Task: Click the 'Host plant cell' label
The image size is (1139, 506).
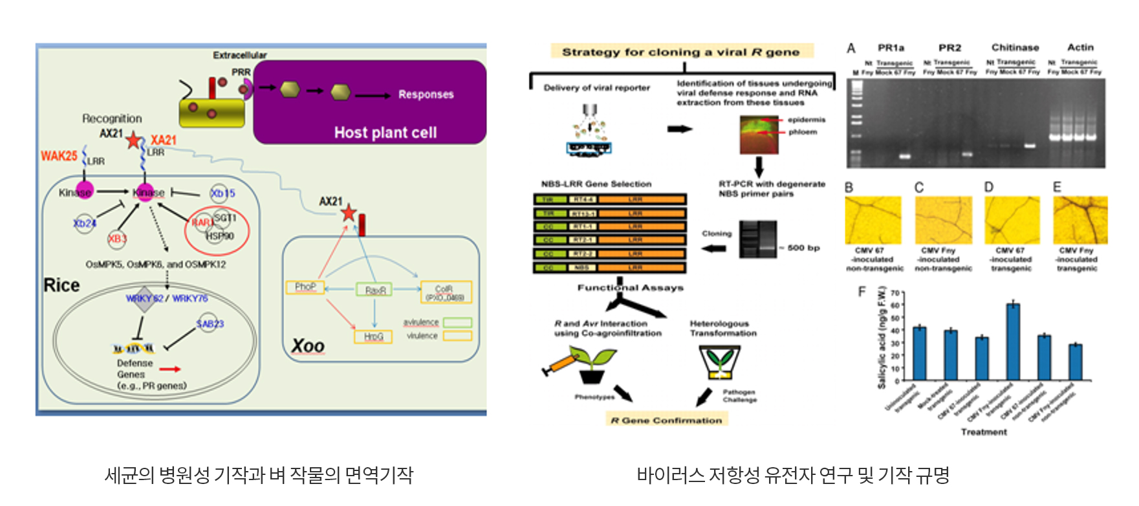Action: (385, 133)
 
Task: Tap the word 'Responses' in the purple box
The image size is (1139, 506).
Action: (426, 94)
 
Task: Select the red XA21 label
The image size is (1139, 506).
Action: (163, 140)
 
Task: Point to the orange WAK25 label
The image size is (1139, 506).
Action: (59, 156)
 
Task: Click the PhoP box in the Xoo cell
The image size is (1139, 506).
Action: (305, 287)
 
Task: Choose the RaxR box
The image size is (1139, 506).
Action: (374, 291)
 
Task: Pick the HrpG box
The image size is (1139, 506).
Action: (373, 336)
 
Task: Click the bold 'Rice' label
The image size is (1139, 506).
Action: (61, 285)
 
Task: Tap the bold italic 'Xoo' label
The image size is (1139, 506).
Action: (307, 346)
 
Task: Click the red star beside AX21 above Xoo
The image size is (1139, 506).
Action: (349, 212)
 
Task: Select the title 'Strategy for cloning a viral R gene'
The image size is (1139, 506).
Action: (680, 52)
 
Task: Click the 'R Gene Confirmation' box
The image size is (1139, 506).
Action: (666, 421)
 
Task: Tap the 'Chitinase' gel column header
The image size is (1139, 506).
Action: (1015, 47)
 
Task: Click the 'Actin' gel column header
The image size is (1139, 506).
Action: (1080, 47)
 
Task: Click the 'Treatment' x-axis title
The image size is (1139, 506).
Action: (984, 432)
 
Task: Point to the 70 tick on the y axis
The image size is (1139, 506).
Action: (895, 293)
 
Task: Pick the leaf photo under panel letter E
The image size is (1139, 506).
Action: (1080, 221)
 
